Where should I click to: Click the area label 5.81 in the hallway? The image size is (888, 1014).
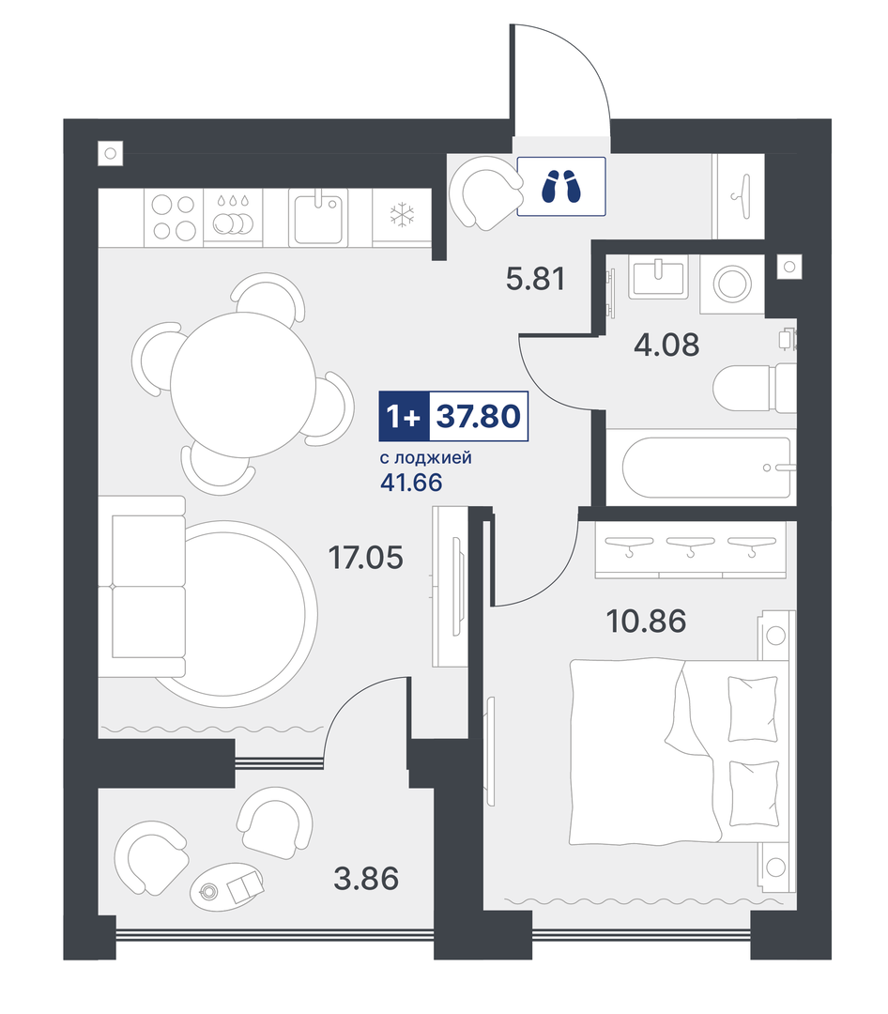(x=535, y=279)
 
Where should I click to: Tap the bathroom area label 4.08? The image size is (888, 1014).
(x=666, y=345)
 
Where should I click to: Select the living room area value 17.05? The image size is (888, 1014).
(x=365, y=557)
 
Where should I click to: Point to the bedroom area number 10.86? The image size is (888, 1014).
(x=646, y=621)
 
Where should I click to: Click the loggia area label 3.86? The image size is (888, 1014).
(x=366, y=878)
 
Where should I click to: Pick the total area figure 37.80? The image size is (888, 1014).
(x=479, y=416)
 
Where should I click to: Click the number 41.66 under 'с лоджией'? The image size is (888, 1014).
(x=411, y=483)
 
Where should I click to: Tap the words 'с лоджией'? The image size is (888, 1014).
(x=425, y=458)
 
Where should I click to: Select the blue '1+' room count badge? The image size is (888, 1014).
(x=404, y=417)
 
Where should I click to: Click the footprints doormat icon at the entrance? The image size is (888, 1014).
(x=561, y=186)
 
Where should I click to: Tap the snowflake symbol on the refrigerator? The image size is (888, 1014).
(x=403, y=215)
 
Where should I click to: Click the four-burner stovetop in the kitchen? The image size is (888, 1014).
(x=174, y=217)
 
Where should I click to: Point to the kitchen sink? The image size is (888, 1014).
(x=317, y=217)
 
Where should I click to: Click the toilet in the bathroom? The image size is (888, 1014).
(x=754, y=388)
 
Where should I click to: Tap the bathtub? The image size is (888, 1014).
(x=706, y=468)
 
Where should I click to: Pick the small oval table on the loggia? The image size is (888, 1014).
(x=227, y=886)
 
